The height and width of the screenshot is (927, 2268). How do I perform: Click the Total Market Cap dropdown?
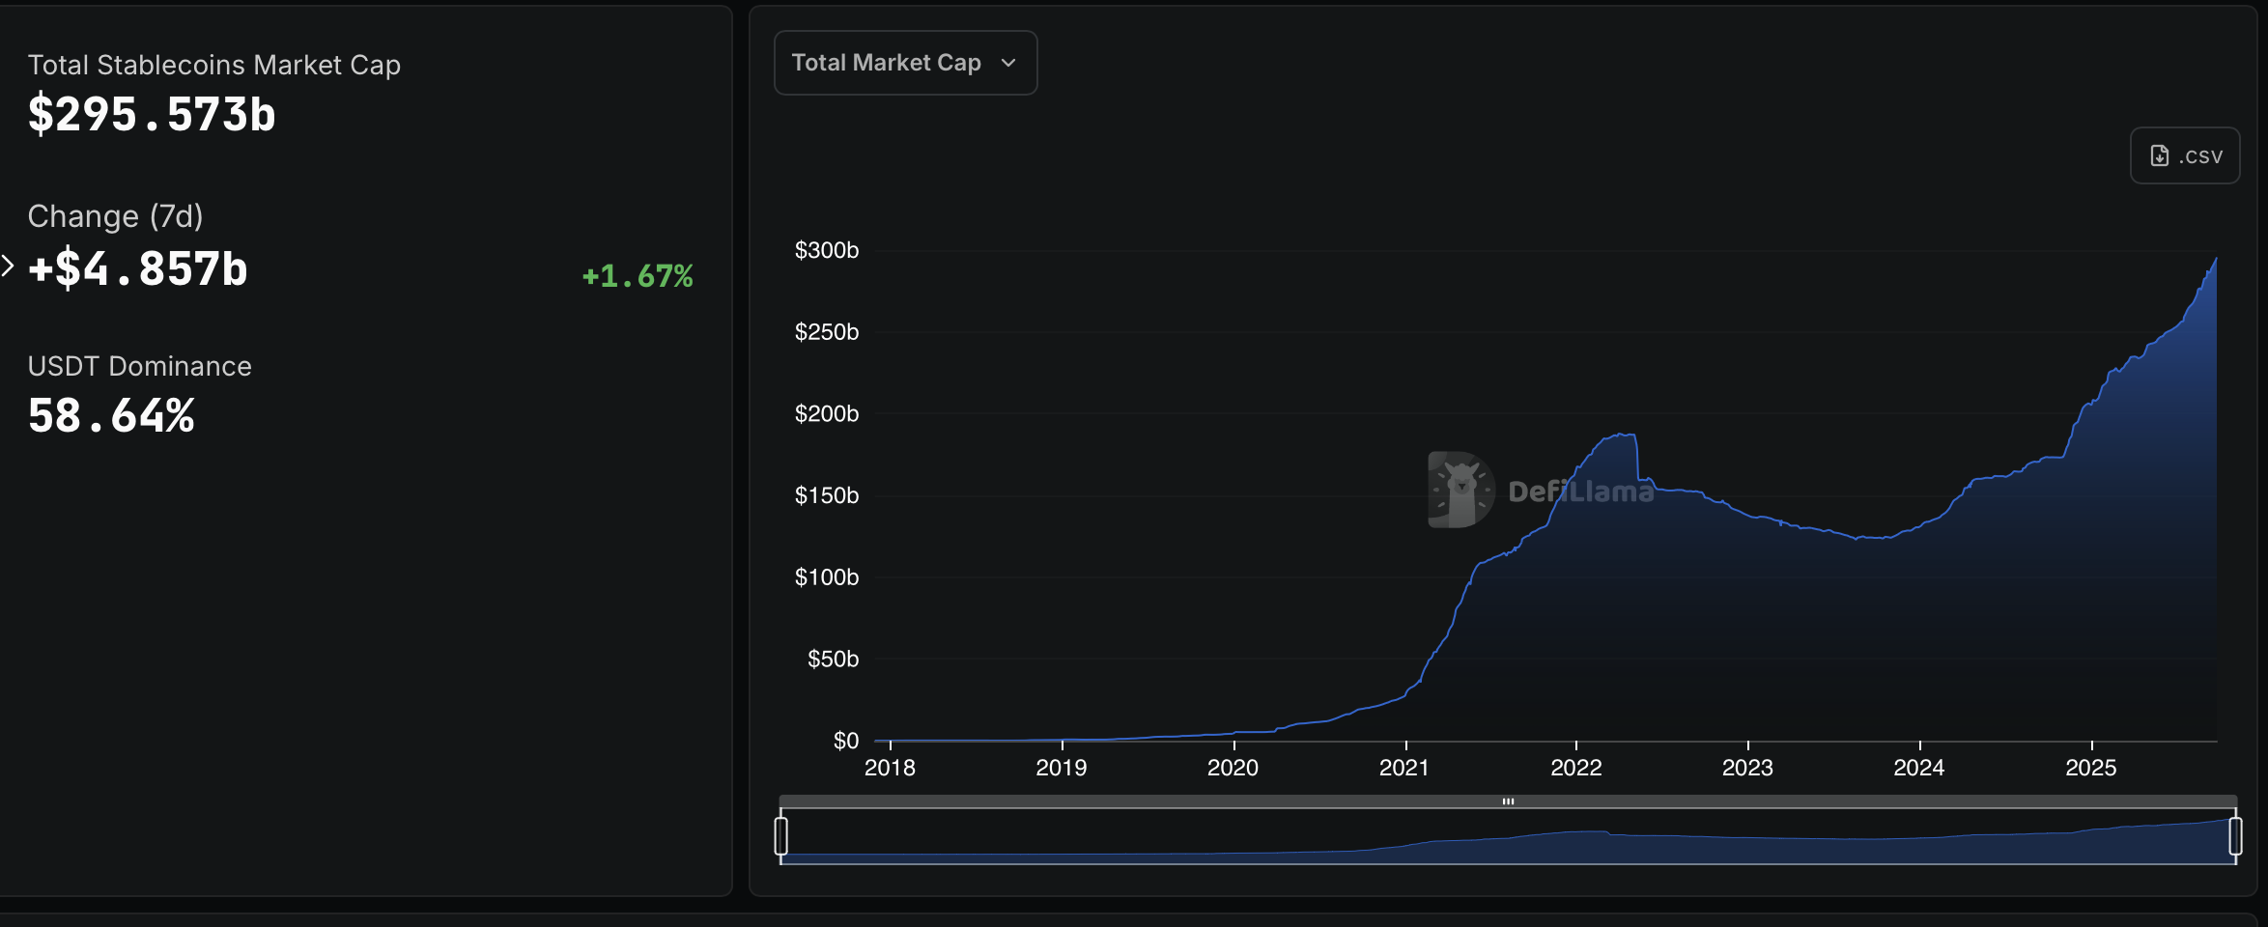tap(905, 63)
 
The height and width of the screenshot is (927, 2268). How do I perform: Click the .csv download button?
tap(2185, 155)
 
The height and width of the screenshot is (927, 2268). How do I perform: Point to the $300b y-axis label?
tap(826, 250)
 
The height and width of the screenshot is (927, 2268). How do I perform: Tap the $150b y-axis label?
tap(826, 495)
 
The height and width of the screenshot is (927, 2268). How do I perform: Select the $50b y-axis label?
tap(833, 659)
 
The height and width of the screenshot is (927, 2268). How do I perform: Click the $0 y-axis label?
tap(845, 741)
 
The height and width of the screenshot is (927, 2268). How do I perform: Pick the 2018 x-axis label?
tap(890, 768)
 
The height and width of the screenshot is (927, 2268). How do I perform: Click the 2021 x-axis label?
tap(1404, 768)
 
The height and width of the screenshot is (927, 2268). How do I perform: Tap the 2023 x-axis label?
tap(1747, 768)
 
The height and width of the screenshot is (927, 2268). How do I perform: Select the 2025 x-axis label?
tap(2090, 768)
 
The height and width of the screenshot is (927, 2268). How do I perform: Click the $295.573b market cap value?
tap(152, 115)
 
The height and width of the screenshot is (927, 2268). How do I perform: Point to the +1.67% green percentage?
tap(638, 276)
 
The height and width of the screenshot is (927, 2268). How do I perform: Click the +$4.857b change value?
tap(138, 269)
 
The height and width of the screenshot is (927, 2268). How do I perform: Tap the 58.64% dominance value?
tap(111, 416)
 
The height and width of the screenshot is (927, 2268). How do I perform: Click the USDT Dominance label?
tap(139, 366)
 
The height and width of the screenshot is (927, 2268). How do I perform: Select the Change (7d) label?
tap(115, 216)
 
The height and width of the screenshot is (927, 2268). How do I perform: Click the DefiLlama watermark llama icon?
tap(1460, 490)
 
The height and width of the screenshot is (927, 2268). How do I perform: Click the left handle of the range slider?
tap(781, 835)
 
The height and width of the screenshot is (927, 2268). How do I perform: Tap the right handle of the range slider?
tap(2235, 835)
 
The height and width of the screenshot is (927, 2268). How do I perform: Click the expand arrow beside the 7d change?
tap(8, 266)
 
